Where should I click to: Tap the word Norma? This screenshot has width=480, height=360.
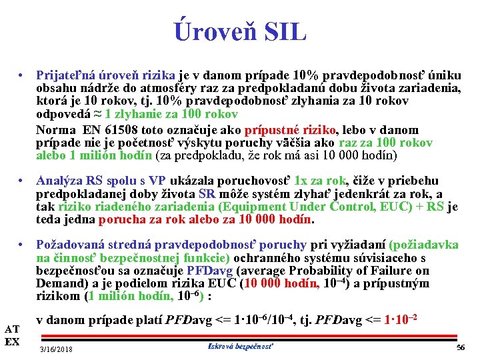tap(56, 130)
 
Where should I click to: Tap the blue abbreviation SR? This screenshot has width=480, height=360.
tap(207, 194)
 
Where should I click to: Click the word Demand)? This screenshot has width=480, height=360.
tap(60, 283)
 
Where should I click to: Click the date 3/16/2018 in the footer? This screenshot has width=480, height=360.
tap(57, 349)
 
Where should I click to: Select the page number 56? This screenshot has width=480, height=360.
tap(459, 348)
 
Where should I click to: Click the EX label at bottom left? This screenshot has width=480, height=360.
tap(11, 342)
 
